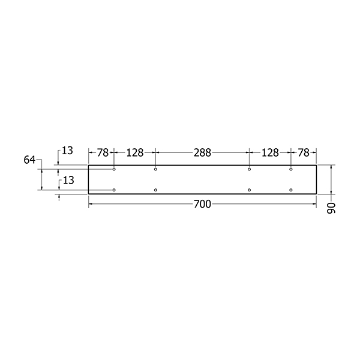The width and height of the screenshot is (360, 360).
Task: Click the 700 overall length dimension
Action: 202,204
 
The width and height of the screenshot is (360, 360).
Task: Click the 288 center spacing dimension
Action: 202,152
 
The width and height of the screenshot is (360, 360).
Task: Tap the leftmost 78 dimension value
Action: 103,152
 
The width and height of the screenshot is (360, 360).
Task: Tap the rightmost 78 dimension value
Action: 304,152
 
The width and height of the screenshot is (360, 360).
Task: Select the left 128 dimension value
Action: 135,152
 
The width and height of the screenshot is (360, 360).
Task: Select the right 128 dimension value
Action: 270,152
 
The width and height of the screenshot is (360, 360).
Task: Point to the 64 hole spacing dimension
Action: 29,160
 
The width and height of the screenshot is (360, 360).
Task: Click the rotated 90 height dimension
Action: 331,208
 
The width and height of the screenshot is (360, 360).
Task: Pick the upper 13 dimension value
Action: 67,151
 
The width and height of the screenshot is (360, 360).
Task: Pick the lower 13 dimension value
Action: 68,181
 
